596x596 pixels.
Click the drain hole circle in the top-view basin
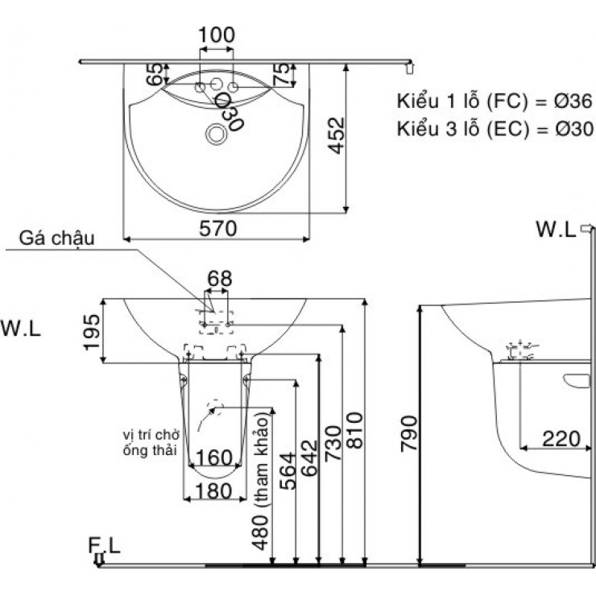(x=216, y=133)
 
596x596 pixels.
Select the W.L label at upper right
(x=556, y=230)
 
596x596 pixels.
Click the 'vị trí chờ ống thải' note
(x=146, y=442)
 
